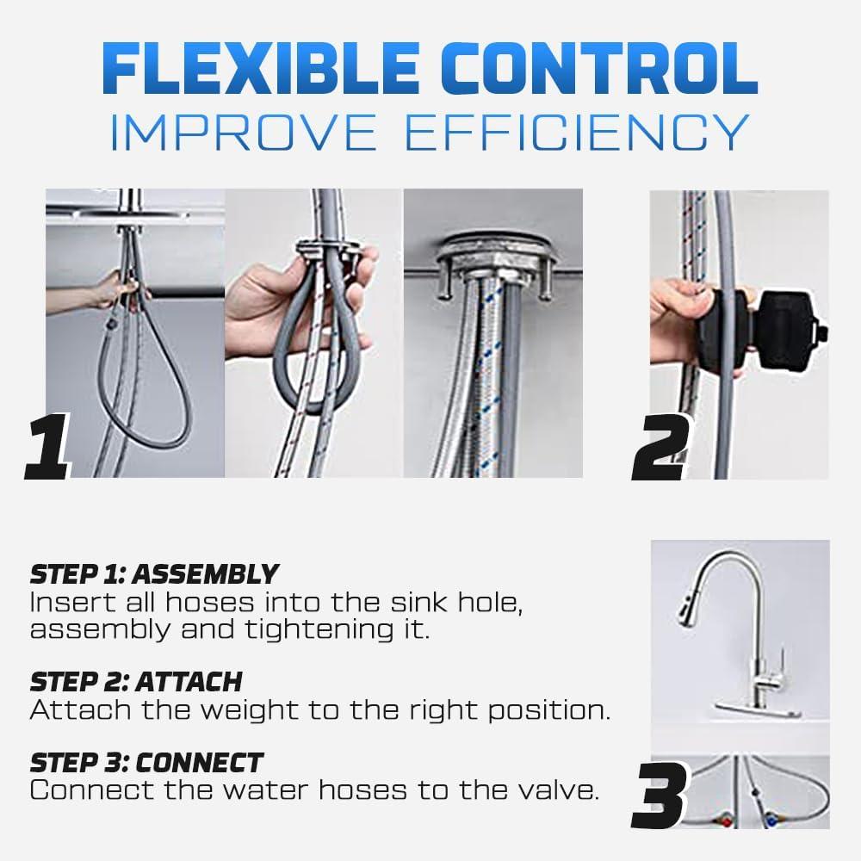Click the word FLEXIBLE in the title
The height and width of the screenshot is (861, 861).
[261, 69]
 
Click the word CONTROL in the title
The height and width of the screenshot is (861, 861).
[598, 69]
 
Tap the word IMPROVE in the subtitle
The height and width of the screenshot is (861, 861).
[244, 132]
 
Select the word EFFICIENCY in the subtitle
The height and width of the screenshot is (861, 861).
[577, 132]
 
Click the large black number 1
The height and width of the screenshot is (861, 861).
[48, 447]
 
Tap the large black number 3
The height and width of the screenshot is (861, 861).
[660, 795]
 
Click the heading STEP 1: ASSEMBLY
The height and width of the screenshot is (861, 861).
[154, 574]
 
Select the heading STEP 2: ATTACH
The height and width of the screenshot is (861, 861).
[136, 682]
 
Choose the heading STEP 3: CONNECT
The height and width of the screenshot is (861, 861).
[146, 763]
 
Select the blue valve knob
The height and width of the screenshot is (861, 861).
[772, 821]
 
